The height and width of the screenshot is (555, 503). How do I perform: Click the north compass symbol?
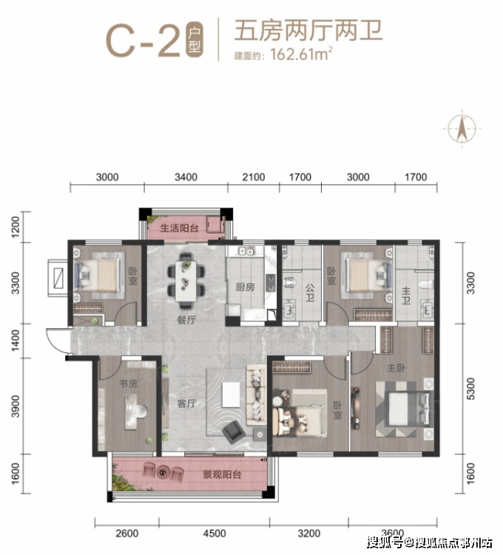[x=462, y=128]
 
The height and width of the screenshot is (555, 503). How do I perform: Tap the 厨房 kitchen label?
[x=245, y=287]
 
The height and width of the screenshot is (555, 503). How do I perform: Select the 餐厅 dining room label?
[x=186, y=320]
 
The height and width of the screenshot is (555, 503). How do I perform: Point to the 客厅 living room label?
[x=186, y=404]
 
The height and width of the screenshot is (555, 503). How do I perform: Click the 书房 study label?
[x=128, y=384]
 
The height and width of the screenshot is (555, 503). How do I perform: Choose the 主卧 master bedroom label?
[x=396, y=368]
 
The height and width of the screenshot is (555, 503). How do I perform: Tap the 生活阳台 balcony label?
[x=179, y=228]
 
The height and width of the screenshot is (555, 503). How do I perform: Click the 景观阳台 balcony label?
[x=222, y=474]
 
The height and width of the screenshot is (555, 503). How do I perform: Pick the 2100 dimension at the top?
[x=254, y=177]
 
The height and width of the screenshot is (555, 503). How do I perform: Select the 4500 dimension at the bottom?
[x=215, y=533]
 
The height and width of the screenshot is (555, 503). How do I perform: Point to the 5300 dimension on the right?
[x=470, y=389]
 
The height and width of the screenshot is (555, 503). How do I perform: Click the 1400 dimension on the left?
[x=16, y=340]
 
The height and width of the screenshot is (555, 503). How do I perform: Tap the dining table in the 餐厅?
[x=186, y=281]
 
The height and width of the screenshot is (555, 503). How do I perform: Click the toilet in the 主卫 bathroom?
[x=425, y=285]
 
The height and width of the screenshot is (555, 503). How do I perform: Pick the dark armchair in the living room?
[x=234, y=431]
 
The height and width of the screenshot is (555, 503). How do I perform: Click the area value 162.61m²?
[x=302, y=54]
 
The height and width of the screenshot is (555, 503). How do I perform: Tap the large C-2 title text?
[x=144, y=40]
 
